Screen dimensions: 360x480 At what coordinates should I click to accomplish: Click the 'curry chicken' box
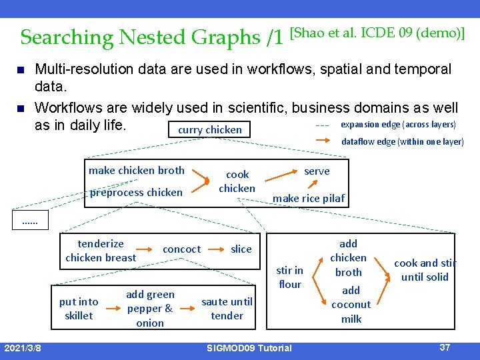click(x=209, y=129)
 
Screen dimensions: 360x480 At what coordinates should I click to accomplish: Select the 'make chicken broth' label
click(x=137, y=171)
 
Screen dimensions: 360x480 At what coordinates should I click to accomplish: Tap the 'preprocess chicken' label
click(x=136, y=193)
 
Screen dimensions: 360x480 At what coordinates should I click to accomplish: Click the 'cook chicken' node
click(x=237, y=181)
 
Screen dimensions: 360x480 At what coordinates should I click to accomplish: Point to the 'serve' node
click(x=317, y=171)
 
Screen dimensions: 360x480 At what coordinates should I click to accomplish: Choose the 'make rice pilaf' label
click(x=309, y=198)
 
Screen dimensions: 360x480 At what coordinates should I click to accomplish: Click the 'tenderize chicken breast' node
click(x=101, y=251)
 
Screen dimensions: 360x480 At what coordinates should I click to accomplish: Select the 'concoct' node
click(x=181, y=249)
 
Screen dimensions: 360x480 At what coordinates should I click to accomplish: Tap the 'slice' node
click(x=241, y=249)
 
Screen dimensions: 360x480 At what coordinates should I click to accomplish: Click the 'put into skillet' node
click(x=79, y=309)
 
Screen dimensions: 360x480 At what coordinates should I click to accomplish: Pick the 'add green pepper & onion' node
click(x=150, y=309)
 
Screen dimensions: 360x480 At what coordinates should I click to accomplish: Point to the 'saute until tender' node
click(x=227, y=309)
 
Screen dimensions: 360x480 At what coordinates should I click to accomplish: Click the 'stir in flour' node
click(x=289, y=277)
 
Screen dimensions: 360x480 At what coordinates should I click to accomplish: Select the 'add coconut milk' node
click(x=351, y=305)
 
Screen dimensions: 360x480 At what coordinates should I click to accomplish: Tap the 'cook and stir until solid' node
click(x=425, y=270)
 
